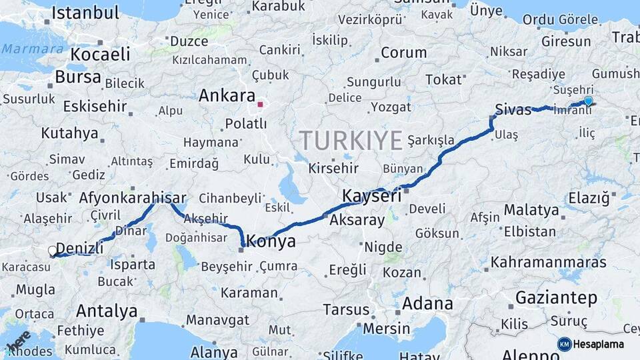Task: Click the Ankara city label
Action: pyautogui.click(x=227, y=95)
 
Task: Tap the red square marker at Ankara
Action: pyautogui.click(x=260, y=104)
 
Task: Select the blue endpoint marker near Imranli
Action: pyautogui.click(x=588, y=101)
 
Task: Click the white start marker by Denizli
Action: pyautogui.click(x=53, y=251)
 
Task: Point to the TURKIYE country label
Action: pyautogui.click(x=351, y=141)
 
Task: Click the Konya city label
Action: pyautogui.click(x=271, y=241)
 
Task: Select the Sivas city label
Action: pyautogui.click(x=513, y=110)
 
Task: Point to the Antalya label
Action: pyautogui.click(x=107, y=311)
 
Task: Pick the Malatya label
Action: pyautogui.click(x=531, y=210)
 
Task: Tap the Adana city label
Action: pyautogui.click(x=427, y=304)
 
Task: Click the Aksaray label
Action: pyautogui.click(x=357, y=220)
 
